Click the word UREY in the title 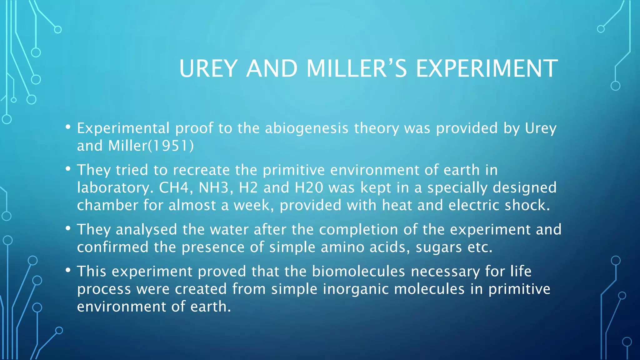pos(208,68)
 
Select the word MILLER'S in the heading pos(357,68)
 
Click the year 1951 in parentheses pos(170,146)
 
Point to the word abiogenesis pos(307,128)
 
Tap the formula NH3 pos(215,187)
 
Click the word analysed pos(146,230)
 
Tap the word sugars pos(438,247)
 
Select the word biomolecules pos(358,271)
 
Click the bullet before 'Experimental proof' pos(68,127)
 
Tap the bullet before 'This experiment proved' pos(68,270)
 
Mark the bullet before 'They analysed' pos(68,228)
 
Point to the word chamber pos(107,205)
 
